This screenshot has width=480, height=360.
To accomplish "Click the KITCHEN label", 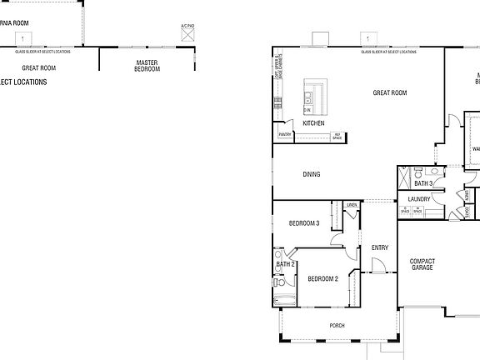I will pos(313,123).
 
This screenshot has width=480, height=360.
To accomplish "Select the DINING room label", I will pos(311,174).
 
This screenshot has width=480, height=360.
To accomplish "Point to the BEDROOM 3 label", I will pos(304,223).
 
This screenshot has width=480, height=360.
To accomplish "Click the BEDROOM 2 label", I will pos(322,278).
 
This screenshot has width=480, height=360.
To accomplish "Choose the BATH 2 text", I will pos(285,264).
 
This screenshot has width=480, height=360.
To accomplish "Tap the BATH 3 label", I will pos(423,182).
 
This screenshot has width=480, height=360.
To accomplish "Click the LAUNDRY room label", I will pos(419,199).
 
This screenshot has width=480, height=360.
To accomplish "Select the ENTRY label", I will pos(379,247).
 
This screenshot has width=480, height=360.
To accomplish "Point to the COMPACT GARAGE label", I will pos(422,265).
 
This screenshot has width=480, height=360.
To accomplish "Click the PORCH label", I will pos(337,326).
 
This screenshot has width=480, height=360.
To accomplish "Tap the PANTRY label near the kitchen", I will pos(284,133).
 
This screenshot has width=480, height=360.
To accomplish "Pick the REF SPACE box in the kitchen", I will pos(337,136).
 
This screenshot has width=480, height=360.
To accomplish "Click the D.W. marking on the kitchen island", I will pos(307,110).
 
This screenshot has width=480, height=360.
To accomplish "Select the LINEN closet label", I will pos(352,204).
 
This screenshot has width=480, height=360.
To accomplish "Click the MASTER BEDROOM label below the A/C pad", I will pos(147,66).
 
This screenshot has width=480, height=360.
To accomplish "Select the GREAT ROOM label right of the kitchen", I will pos(389,92).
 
